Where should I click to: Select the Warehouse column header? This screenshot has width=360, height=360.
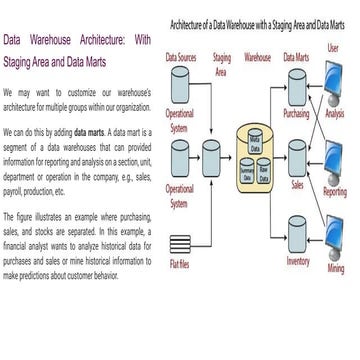(257, 58)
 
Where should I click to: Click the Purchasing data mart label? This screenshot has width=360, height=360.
(297, 113)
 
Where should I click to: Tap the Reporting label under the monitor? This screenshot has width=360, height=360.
(335, 191)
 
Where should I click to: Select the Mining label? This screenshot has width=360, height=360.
(335, 268)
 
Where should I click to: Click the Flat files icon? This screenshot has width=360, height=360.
(180, 242)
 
